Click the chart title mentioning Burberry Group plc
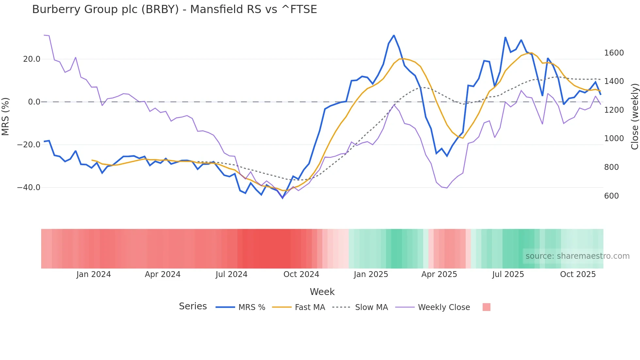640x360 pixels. point(174,9)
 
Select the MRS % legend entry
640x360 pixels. point(251,307)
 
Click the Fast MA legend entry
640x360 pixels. point(310,307)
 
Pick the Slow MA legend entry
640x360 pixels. point(371,307)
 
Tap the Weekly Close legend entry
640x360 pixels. point(444,307)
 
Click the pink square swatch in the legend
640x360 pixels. point(486,307)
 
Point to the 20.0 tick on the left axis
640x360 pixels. point(32,59)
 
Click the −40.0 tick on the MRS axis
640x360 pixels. point(29,188)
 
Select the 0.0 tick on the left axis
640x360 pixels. point(34,102)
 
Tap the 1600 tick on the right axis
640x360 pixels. point(614,53)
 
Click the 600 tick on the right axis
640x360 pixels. point(611,196)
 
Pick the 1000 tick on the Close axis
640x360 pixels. point(614,139)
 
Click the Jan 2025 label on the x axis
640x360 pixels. point(371,274)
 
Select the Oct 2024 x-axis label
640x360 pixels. point(301,274)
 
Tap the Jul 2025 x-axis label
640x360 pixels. point(508,274)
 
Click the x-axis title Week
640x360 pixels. point(322,292)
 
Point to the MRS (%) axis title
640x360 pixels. point(6,116)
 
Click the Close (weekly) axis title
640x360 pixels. point(634,117)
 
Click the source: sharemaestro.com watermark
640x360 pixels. point(577,256)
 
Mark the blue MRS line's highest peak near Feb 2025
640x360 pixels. point(394,36)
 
